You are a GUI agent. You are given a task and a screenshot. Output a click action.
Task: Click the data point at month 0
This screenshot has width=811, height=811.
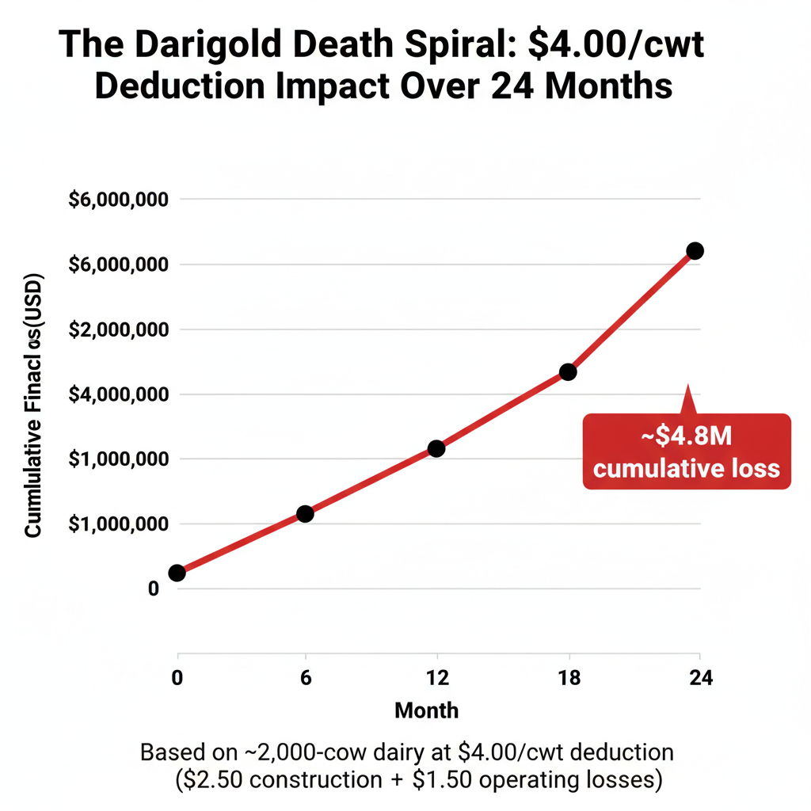177,573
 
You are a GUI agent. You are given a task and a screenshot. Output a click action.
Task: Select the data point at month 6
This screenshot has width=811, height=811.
305,514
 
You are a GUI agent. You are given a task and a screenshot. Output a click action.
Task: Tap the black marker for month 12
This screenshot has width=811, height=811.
436,448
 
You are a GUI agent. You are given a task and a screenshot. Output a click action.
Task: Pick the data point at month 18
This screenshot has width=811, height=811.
568,371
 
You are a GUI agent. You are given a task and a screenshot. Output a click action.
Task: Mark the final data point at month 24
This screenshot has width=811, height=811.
695,251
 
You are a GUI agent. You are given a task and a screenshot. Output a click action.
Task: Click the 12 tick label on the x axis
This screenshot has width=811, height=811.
436,678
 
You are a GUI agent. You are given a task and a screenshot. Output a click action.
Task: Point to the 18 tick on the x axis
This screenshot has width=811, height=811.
569,678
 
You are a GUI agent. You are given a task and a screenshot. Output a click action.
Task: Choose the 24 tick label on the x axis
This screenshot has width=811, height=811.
700,678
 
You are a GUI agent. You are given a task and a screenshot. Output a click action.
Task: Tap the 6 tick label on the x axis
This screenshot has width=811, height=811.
306,678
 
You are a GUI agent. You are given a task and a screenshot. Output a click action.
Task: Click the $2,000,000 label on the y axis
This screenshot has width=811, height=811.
118,329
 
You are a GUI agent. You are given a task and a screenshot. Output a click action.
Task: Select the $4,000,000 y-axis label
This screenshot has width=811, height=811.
118,394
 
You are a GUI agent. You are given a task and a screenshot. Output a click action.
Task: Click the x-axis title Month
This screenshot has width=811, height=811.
426,710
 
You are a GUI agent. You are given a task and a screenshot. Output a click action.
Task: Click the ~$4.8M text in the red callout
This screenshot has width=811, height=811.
687,438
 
